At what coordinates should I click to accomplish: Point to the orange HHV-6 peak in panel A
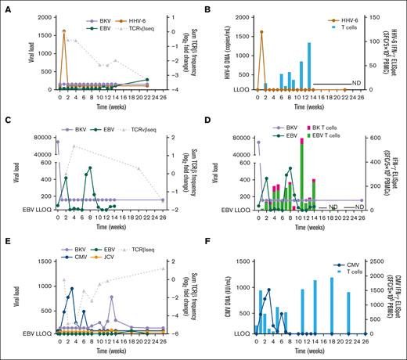tap(63, 31)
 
